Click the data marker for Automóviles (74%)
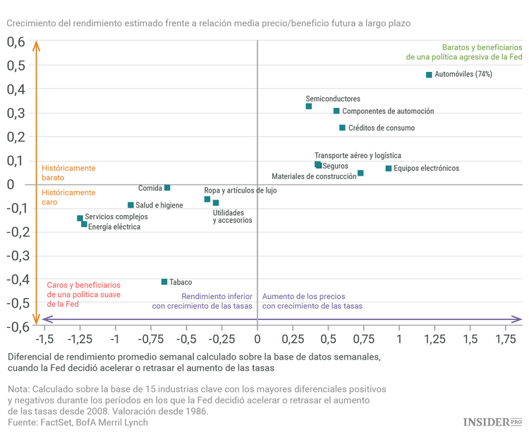[x=429, y=75]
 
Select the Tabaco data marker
[x=164, y=282]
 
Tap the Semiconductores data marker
[x=309, y=106]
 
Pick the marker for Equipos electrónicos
[x=389, y=169]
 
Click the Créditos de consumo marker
[x=342, y=128]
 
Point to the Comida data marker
[x=167, y=188]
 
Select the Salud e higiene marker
[x=130, y=205]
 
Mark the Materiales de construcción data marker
[x=360, y=173]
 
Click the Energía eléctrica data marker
[x=84, y=224]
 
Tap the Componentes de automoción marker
[x=336, y=111]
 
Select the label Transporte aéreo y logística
[x=358, y=155]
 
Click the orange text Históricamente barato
[x=68, y=173]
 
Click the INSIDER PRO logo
[x=492, y=422]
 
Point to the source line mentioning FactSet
[x=78, y=422]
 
